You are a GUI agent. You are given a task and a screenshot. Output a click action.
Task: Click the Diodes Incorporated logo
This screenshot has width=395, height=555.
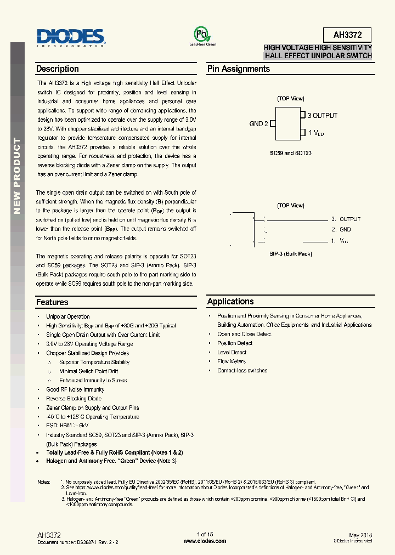[71, 37]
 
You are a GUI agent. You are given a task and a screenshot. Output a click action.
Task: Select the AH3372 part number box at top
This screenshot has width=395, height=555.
[347, 35]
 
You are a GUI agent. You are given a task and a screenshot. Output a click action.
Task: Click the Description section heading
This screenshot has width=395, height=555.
[57, 69]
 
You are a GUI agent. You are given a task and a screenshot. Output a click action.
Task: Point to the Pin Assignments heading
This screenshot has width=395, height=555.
[238, 69]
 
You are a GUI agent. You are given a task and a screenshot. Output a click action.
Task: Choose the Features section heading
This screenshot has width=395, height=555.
[52, 302]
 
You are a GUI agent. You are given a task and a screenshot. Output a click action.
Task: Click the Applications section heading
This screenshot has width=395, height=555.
[230, 302]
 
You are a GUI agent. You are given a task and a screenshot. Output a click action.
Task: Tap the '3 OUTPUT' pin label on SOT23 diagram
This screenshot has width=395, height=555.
[323, 116]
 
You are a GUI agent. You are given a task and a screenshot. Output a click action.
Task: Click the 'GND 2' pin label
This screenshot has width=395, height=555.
[258, 124]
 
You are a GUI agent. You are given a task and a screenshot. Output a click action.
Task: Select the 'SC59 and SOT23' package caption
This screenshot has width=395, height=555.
[290, 153]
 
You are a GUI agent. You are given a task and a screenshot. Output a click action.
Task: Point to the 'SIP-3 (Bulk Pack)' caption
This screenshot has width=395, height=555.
[290, 254]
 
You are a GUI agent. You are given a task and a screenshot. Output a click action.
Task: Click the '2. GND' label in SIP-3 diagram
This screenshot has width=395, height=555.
[341, 230]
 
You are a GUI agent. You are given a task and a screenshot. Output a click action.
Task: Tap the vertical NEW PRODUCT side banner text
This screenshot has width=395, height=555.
[17, 175]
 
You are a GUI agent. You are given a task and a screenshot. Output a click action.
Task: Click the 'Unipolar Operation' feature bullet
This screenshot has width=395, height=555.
[68, 316]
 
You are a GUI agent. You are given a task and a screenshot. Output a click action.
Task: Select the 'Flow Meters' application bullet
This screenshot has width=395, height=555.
[232, 361]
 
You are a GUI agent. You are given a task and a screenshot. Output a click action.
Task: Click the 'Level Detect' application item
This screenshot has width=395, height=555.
[232, 352]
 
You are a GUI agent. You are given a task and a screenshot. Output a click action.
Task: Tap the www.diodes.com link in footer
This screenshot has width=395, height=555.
[205, 541]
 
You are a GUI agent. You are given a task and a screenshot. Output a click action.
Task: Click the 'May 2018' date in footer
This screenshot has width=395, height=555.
[360, 534]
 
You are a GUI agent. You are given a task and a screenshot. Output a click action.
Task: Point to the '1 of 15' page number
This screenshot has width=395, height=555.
[205, 534]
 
